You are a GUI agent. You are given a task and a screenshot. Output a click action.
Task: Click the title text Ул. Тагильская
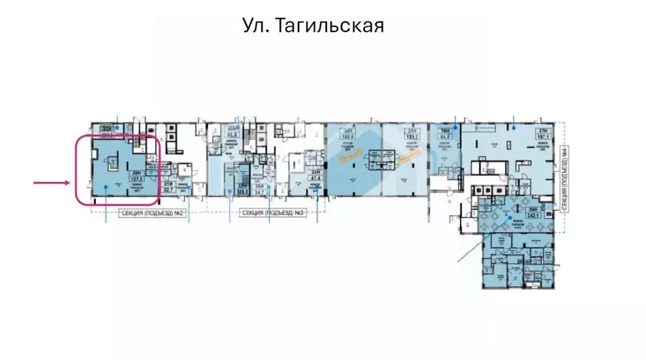tap(313, 26)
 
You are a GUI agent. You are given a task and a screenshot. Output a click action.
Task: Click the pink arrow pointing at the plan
tap(51, 183)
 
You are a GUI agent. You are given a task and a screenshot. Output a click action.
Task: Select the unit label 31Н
tap(168, 183)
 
